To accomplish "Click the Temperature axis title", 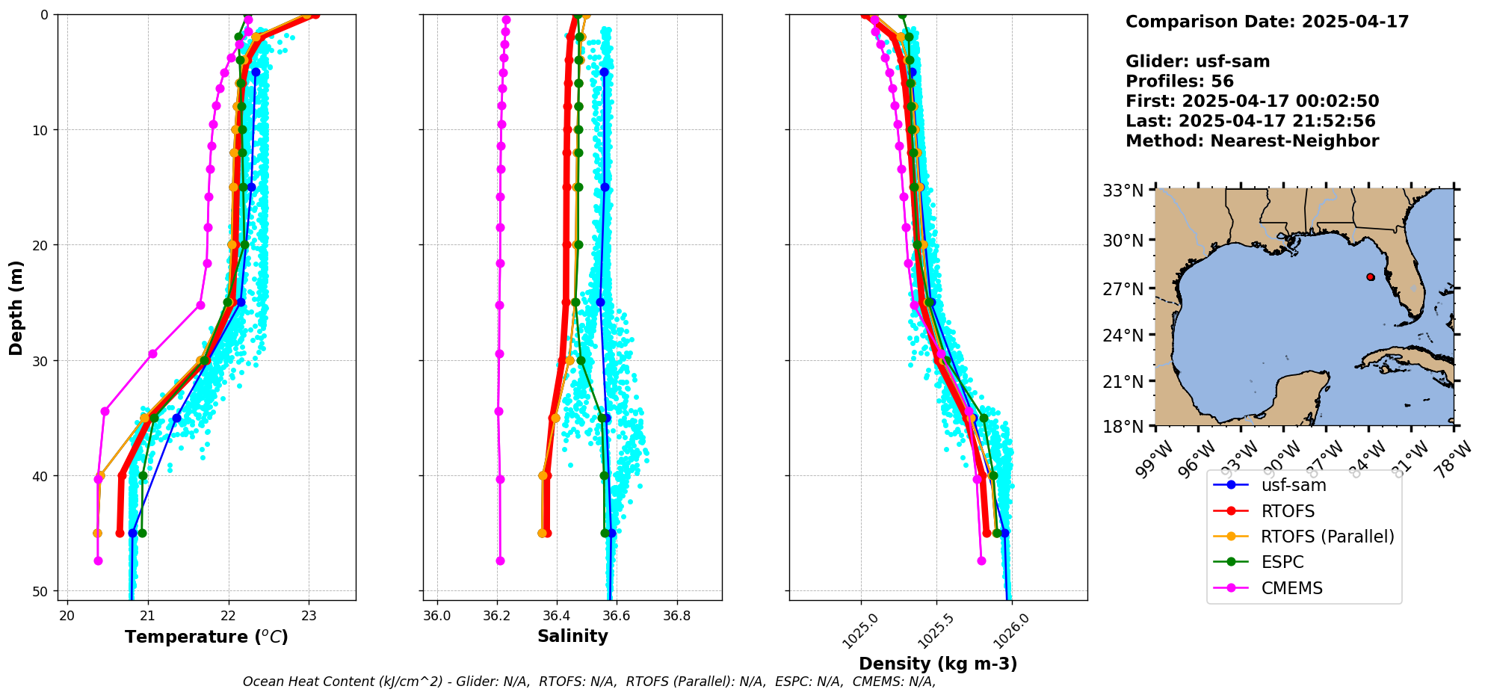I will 206,637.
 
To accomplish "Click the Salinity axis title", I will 572,636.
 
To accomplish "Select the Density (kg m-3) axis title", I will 938,664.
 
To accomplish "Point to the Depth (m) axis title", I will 16,307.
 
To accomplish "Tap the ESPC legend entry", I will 1282,562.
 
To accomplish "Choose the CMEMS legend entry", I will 1291,588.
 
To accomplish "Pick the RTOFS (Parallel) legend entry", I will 1327,537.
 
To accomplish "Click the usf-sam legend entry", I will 1293,485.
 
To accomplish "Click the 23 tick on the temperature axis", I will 309,615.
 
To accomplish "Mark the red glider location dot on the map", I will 1370,277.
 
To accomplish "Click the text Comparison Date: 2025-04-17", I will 1267,22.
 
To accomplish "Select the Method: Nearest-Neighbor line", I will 1252,140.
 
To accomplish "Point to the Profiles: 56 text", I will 1179,81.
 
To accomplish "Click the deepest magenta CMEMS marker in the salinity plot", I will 500,560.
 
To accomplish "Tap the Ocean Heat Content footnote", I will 589,682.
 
